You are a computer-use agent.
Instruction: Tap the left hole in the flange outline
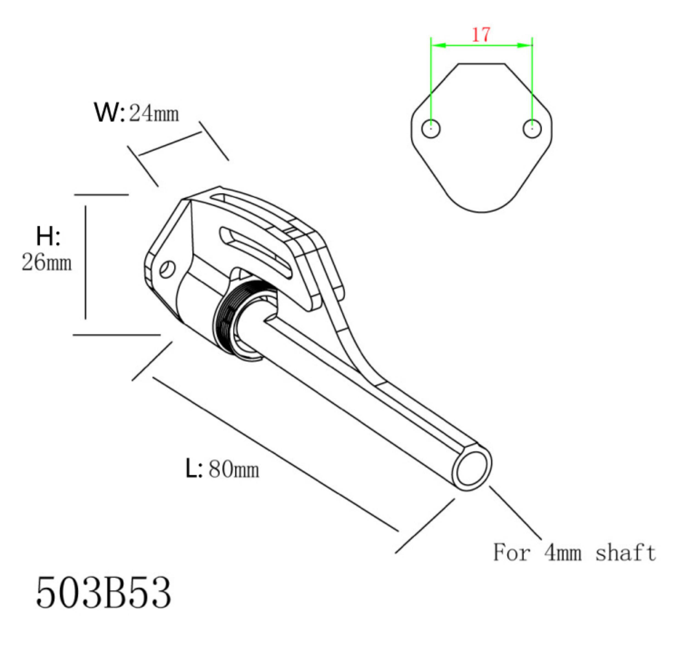(x=431, y=129)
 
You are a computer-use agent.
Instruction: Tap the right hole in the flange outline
(x=532, y=129)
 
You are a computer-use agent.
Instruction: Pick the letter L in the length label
(x=191, y=468)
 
